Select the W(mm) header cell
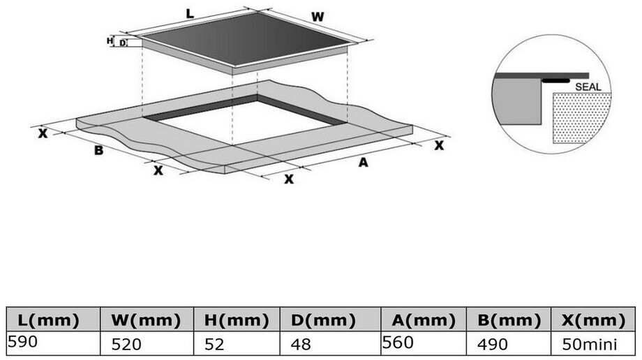tap(146, 320)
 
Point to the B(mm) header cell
tap(508, 320)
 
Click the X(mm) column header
tap(592, 320)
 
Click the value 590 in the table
tap(24, 342)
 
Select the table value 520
tap(127, 345)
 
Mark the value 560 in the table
tap(398, 342)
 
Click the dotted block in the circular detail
tap(582, 119)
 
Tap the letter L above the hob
tap(191, 13)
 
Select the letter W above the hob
tap(318, 15)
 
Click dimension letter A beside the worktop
tap(363, 163)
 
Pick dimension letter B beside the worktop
tap(99, 149)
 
